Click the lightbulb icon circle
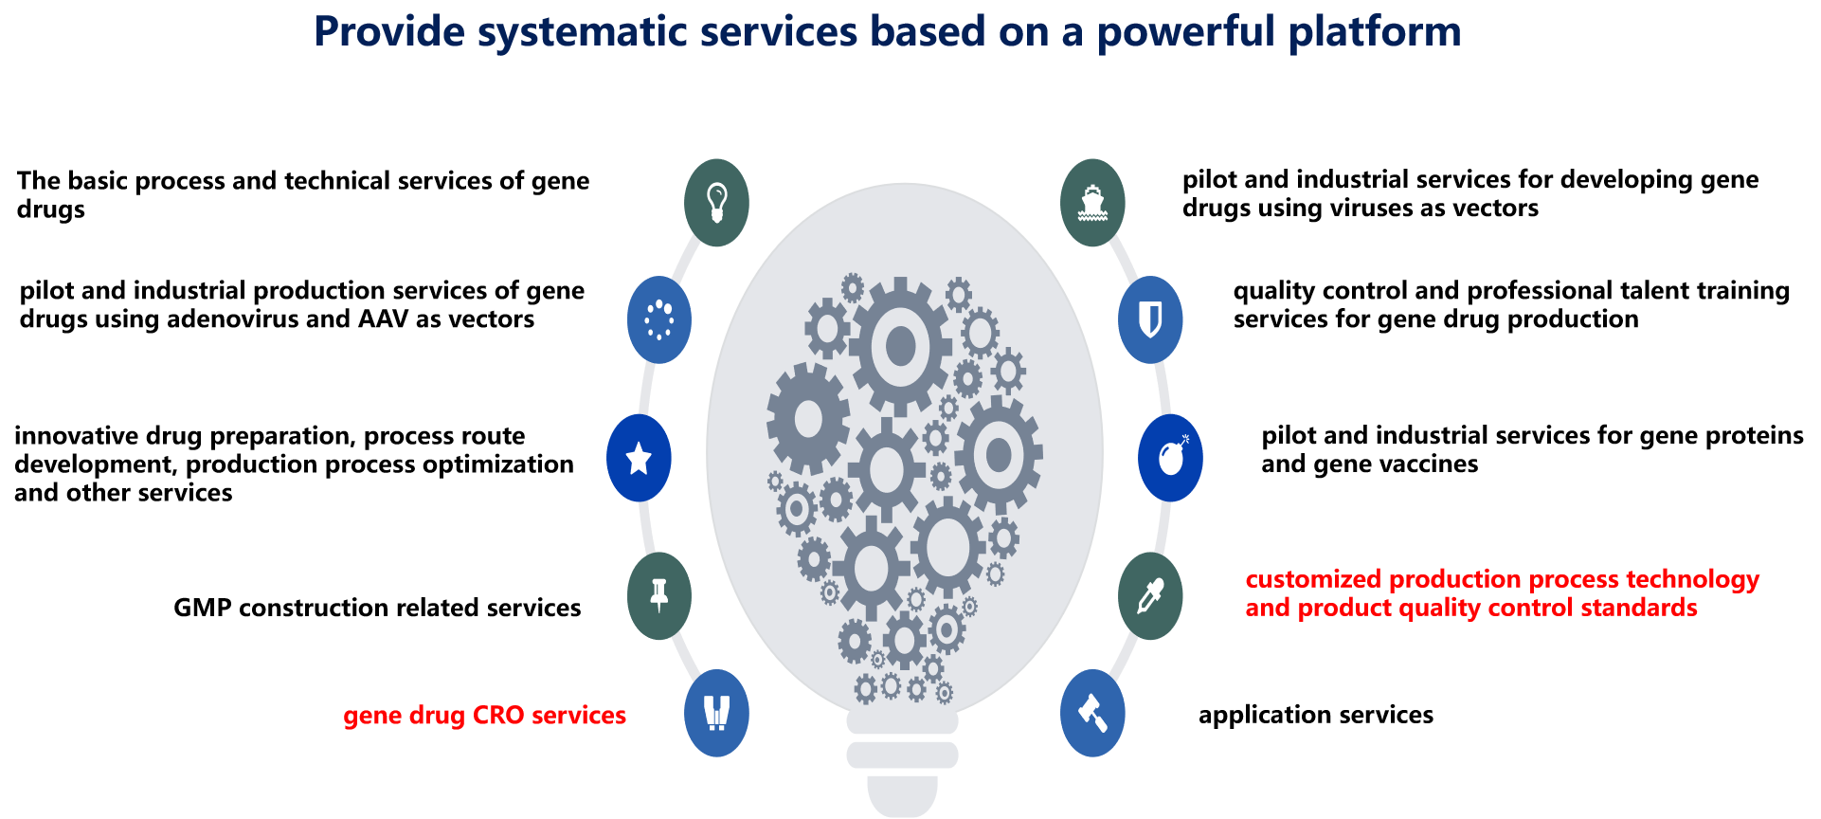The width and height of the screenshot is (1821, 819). point(716,203)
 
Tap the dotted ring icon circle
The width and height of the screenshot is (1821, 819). point(659,320)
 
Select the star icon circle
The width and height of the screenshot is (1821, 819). point(640,458)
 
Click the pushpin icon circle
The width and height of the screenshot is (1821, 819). point(659,595)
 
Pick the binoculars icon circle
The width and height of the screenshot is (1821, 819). point(716,713)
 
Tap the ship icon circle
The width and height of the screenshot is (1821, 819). point(1092,203)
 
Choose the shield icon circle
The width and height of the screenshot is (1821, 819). point(1150,320)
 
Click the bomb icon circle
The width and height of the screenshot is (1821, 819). point(1171,458)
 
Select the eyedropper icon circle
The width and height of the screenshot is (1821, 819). point(1150,595)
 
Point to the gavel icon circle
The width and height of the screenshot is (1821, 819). point(1092,713)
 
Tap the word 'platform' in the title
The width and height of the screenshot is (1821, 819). point(1375,32)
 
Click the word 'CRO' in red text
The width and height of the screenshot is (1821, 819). point(497,715)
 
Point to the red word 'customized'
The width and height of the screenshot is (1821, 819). point(1313,579)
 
